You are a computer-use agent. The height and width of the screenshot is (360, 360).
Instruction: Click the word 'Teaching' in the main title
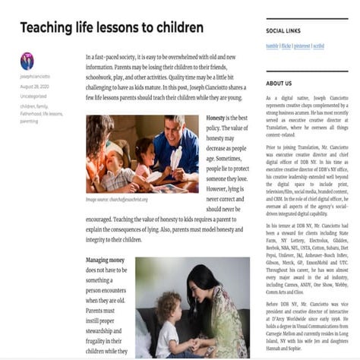pyautogui.click(x=46, y=28)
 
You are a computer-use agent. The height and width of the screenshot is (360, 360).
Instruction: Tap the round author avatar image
pyautogui.click(x=27, y=61)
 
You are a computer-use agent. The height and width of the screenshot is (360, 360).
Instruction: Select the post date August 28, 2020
pyautogui.click(x=34, y=86)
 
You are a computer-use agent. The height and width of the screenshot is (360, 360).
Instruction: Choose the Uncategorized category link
pyautogui.click(x=33, y=96)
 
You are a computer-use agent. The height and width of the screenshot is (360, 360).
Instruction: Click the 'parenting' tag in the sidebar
pyautogui.click(x=29, y=122)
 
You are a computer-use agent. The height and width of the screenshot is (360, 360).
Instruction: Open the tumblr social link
pyautogui.click(x=272, y=46)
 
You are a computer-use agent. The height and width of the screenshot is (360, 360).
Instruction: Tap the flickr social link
pyautogui.click(x=288, y=46)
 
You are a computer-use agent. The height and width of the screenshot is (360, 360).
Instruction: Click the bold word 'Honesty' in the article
pyautogui.click(x=216, y=118)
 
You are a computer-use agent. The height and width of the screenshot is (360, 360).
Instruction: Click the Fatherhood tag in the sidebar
pyautogui.click(x=31, y=114)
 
